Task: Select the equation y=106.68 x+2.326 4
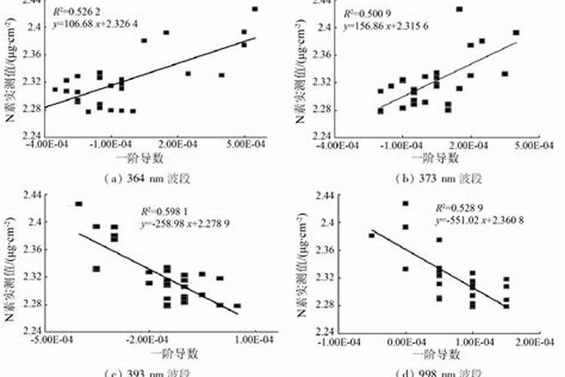tap(97, 26)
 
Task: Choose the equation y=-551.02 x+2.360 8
tap(479, 220)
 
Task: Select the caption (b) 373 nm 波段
tap(438, 178)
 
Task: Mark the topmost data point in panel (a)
tap(255, 9)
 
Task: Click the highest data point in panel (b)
tap(460, 9)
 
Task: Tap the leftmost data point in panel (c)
tap(78, 204)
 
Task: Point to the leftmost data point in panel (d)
tap(371, 235)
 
